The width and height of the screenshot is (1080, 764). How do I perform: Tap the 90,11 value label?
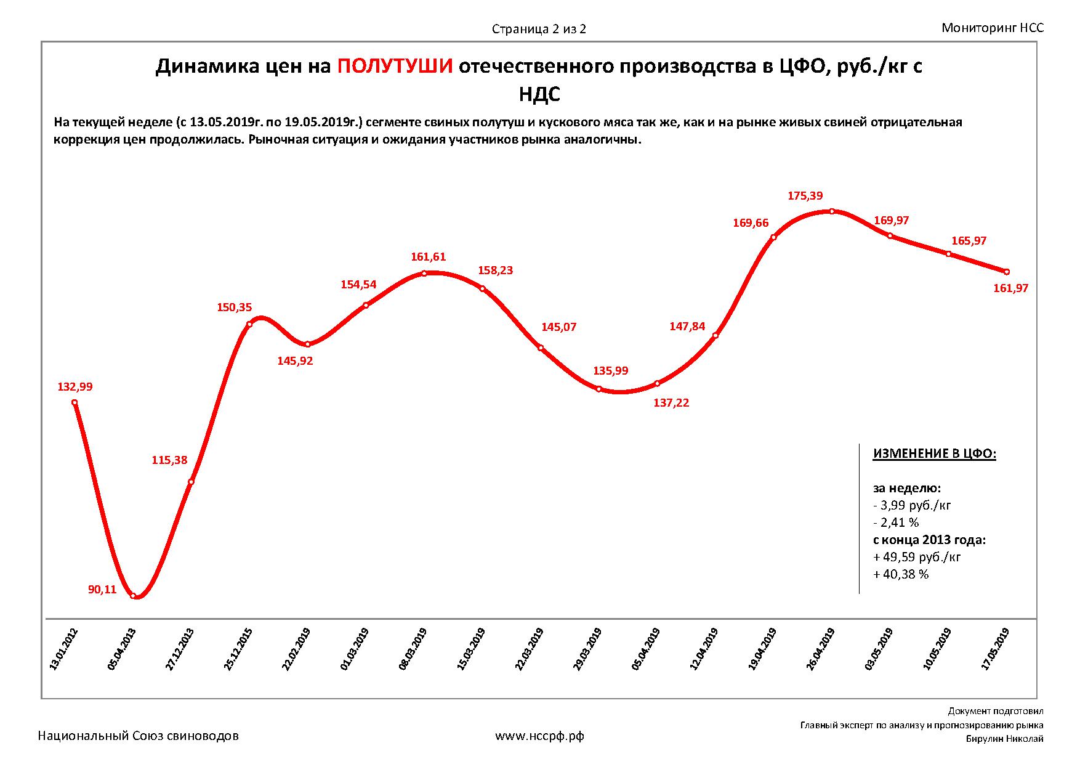(x=102, y=590)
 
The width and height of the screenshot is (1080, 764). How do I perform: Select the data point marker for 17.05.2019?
(x=1007, y=272)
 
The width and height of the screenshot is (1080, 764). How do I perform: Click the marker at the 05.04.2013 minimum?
(x=133, y=595)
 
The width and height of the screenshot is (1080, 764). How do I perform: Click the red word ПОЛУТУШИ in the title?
(x=395, y=67)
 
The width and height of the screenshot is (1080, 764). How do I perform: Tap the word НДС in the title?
(x=539, y=94)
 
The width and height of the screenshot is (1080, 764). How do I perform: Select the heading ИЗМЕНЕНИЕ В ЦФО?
(x=934, y=454)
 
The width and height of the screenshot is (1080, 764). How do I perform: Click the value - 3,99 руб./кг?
(x=912, y=505)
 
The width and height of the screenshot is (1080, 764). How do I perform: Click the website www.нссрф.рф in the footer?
(x=539, y=736)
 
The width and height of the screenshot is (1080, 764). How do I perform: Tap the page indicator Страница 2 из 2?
(x=539, y=29)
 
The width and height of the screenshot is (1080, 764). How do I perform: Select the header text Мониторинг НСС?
(x=993, y=28)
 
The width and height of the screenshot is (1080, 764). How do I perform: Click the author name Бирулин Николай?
(x=1004, y=739)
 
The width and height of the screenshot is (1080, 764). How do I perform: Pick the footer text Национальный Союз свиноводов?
(x=139, y=736)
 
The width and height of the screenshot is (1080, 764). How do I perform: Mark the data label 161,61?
(x=428, y=257)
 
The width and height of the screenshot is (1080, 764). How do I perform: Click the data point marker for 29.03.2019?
(x=598, y=389)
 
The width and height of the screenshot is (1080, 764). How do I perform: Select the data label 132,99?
(x=75, y=387)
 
